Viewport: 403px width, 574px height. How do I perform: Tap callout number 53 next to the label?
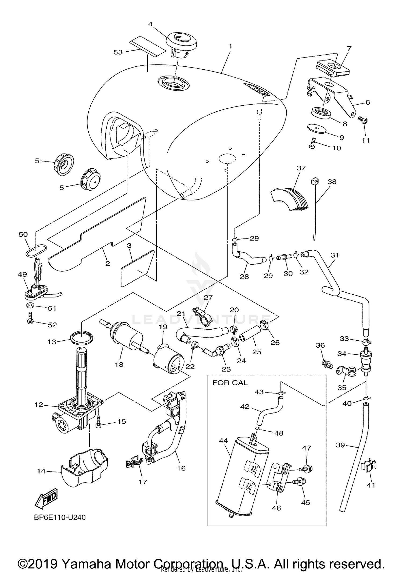coord(118,52)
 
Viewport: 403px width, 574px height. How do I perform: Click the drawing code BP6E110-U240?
coord(60,517)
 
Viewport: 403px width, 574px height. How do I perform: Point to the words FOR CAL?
coord(230,383)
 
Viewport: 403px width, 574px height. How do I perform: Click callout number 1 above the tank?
coord(230,46)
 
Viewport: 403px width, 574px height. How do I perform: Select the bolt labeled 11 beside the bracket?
coord(363,120)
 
